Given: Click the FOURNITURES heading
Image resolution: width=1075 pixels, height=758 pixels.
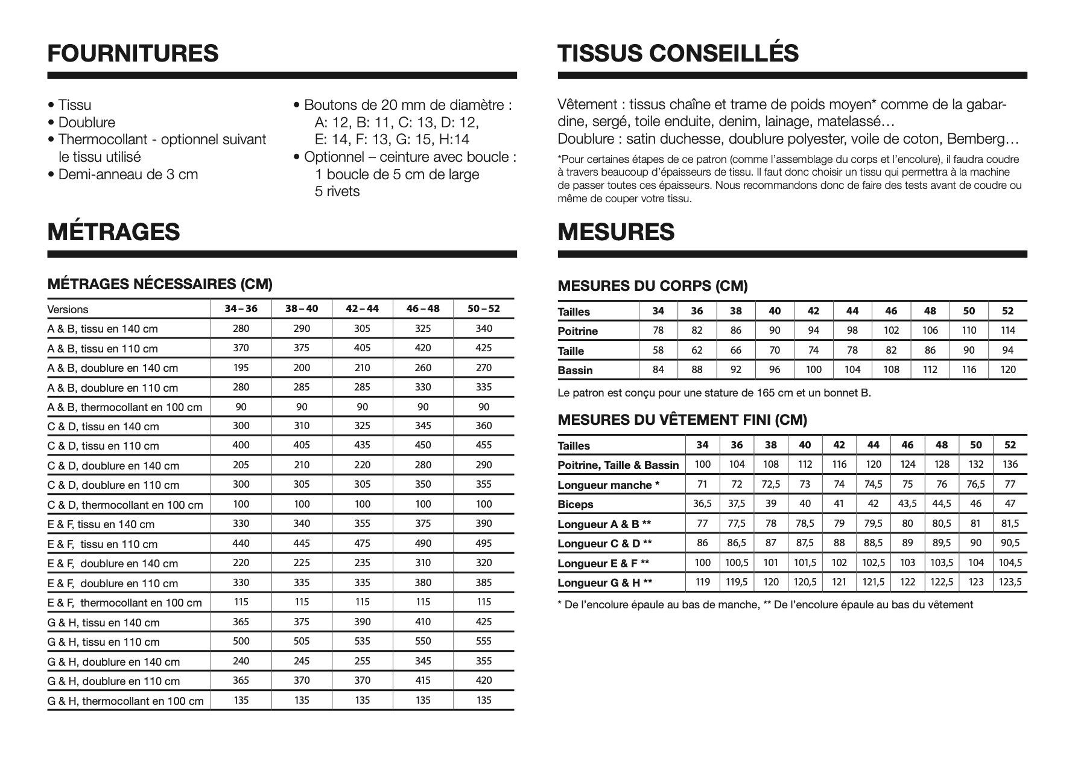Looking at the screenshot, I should click(133, 53).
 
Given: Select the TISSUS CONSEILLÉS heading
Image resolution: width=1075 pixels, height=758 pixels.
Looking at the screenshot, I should click(678, 53).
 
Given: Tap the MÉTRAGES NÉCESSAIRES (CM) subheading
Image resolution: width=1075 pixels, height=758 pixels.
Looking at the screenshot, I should click(160, 284).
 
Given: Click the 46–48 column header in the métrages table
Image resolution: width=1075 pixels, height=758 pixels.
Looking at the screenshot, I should click(423, 308).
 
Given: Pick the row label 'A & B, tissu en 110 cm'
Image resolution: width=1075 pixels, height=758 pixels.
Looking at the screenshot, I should click(103, 348).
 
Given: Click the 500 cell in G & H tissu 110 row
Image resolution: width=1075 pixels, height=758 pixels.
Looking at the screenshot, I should click(241, 641).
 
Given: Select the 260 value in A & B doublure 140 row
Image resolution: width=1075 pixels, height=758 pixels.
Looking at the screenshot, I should click(423, 368).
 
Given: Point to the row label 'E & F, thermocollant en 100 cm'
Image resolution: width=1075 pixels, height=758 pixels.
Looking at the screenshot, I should click(125, 603).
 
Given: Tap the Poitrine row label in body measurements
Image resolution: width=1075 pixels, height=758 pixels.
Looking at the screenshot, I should click(577, 331).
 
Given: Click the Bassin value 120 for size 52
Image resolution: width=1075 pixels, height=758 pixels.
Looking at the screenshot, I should click(1008, 369).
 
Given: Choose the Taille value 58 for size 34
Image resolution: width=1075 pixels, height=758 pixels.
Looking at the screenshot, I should click(658, 350).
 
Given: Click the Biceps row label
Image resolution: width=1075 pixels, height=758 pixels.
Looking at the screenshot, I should click(575, 505).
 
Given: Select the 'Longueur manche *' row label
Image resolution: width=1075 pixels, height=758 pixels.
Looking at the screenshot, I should click(608, 485).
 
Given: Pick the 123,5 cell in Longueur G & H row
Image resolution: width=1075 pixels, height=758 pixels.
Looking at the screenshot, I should click(1010, 582).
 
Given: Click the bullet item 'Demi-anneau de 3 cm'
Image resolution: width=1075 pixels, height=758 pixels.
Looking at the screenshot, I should click(128, 174).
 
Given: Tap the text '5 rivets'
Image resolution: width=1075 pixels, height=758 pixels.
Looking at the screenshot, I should click(337, 192).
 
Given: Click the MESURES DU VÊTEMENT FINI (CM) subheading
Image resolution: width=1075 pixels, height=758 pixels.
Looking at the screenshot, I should click(682, 420).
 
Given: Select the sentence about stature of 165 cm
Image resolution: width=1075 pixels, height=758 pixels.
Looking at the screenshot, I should click(714, 393).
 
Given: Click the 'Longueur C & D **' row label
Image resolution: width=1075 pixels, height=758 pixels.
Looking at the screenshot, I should click(604, 544).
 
